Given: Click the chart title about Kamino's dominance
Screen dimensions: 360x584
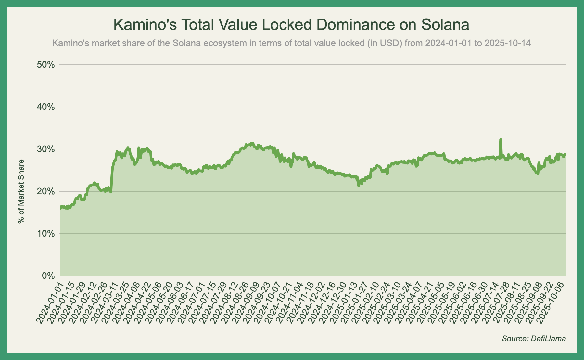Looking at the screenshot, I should (x=291, y=25).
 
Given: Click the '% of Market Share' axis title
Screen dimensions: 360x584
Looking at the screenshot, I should (x=21, y=191).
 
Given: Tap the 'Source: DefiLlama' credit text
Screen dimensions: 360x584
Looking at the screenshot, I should (x=534, y=339).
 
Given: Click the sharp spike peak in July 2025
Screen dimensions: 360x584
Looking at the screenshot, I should (x=501, y=139).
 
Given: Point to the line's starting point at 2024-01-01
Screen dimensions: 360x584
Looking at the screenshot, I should (x=60, y=208).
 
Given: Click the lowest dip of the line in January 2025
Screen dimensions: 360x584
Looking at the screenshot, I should (x=359, y=186).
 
